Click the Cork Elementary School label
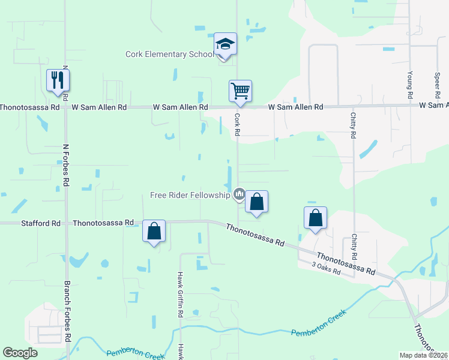tap(169, 55)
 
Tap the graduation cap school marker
tap(225, 44)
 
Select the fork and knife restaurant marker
tap(58, 80)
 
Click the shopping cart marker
tap(240, 92)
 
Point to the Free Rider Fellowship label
tap(190, 195)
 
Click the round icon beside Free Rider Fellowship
tap(239, 194)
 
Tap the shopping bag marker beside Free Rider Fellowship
tap(256, 202)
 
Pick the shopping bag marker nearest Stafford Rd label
tap(154, 232)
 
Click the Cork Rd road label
tap(237, 125)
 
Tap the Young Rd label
tap(409, 85)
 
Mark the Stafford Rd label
tap(41, 223)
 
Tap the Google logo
tap(20, 353)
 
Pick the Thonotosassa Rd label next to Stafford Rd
tap(103, 223)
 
